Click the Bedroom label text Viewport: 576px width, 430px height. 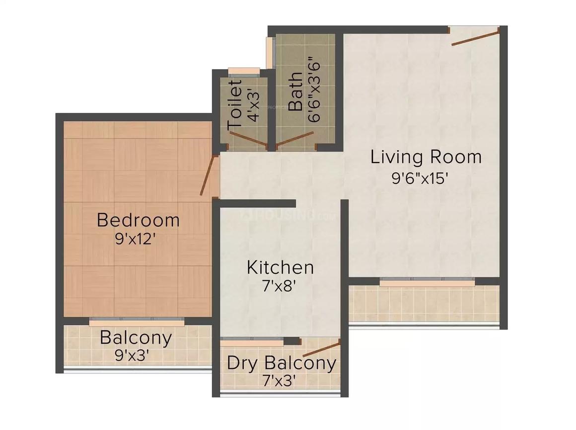click(x=138, y=220)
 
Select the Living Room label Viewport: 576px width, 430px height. click(x=426, y=157)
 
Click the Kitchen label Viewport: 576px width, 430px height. click(x=280, y=267)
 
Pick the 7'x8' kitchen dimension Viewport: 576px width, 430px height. click(x=280, y=286)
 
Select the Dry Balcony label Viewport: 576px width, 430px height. click(x=281, y=363)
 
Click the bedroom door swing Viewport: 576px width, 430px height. click(x=209, y=175)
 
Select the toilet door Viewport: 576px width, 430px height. click(x=248, y=139)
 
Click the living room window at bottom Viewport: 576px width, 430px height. click(x=427, y=282)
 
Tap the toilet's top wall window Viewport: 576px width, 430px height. click(x=244, y=70)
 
